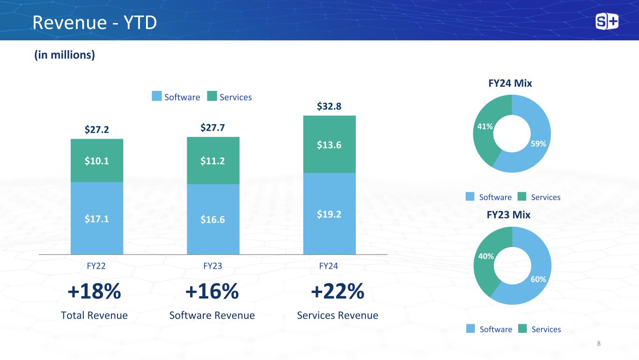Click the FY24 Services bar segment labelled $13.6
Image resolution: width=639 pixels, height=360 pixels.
(329, 144)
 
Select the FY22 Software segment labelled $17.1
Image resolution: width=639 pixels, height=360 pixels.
(97, 218)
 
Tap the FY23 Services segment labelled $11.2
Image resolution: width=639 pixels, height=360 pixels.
(213, 161)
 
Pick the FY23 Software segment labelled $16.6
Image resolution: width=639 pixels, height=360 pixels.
(213, 219)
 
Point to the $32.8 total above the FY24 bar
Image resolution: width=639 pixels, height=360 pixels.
(329, 107)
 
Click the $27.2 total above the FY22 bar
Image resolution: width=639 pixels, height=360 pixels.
(97, 129)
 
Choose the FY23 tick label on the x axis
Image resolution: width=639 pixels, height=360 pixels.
(213, 266)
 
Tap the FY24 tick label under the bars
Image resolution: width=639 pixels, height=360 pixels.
(329, 266)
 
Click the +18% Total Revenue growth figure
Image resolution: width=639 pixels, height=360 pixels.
(95, 292)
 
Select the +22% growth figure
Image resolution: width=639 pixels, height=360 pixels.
(338, 292)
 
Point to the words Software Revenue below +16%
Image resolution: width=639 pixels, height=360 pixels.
(212, 315)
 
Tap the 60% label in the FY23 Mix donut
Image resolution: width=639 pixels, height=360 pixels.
(538, 279)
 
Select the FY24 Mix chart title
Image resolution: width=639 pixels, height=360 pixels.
(510, 83)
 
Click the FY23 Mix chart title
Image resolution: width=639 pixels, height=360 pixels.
(508, 215)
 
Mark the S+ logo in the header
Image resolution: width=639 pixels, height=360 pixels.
(607, 22)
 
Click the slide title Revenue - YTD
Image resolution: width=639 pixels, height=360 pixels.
(94, 22)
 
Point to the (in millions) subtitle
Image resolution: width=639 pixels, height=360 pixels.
(65, 55)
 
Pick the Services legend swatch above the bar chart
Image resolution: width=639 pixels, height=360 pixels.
(213, 97)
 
